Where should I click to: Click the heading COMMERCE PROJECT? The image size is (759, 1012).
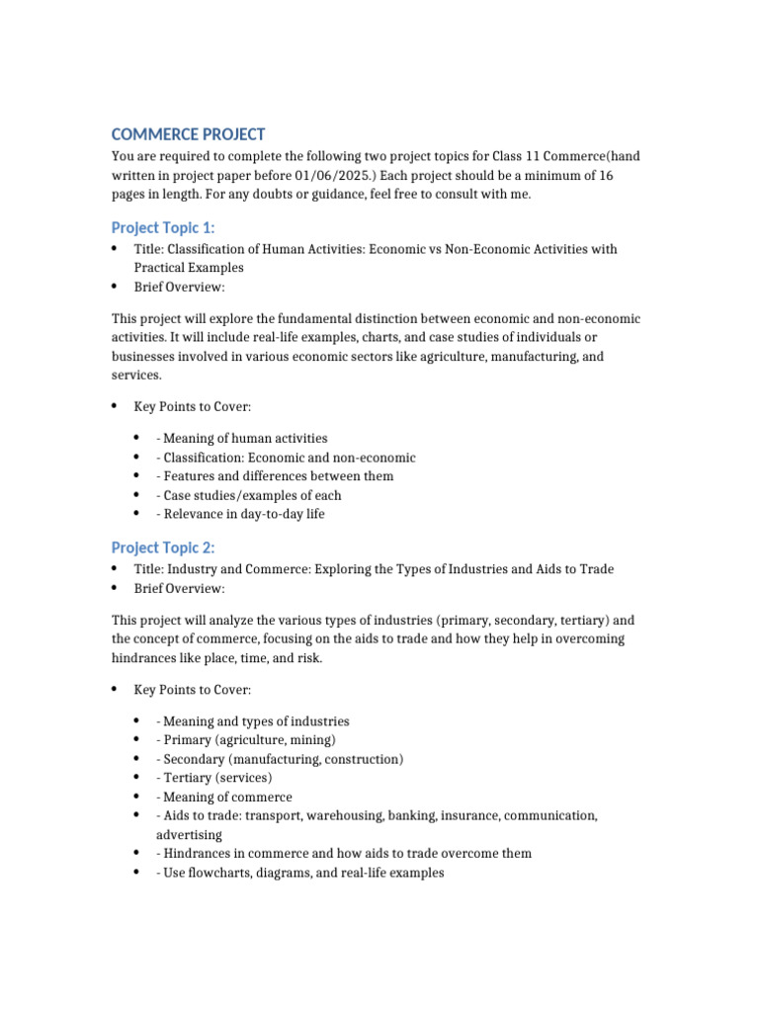pos(188,134)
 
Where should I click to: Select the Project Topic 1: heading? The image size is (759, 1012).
pos(163,227)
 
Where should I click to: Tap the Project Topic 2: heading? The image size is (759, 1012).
pos(163,548)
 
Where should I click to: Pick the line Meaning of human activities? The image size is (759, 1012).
pos(242,438)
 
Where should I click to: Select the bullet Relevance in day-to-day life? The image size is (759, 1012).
pos(240,514)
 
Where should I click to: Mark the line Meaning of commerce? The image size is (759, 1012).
pos(224,797)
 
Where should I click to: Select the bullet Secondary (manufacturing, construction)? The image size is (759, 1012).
pos(280,759)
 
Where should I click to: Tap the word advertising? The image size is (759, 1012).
pos(189,834)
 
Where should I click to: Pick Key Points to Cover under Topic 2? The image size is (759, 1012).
pos(193,689)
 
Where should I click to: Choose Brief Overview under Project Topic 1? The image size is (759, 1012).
pos(180,287)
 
